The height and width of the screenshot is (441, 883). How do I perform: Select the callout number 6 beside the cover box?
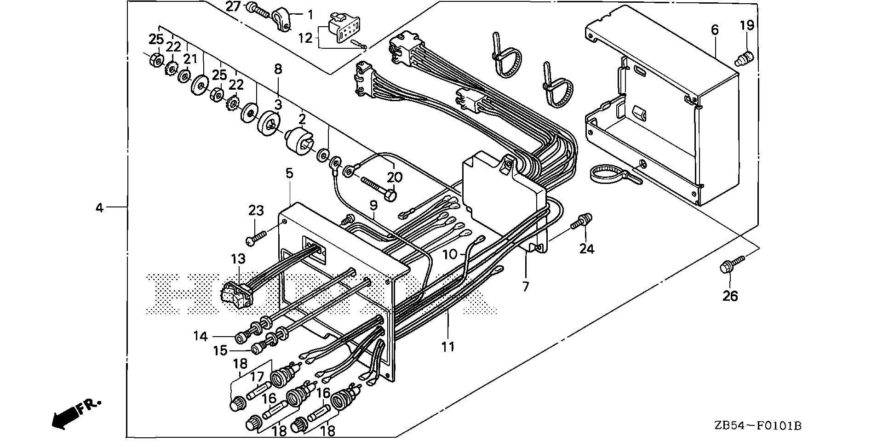point(714,30)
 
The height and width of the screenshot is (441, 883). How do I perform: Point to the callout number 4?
point(99,208)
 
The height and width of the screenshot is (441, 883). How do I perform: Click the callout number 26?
point(730,296)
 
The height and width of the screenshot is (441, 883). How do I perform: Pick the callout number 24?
point(587,249)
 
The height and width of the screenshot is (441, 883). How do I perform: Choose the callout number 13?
point(238,258)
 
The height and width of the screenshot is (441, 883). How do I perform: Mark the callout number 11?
point(447,346)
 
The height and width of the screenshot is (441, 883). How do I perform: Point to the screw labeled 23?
point(256,238)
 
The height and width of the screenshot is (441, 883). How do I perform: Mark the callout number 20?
point(394,177)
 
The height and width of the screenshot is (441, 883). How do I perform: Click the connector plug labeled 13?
point(237,294)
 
